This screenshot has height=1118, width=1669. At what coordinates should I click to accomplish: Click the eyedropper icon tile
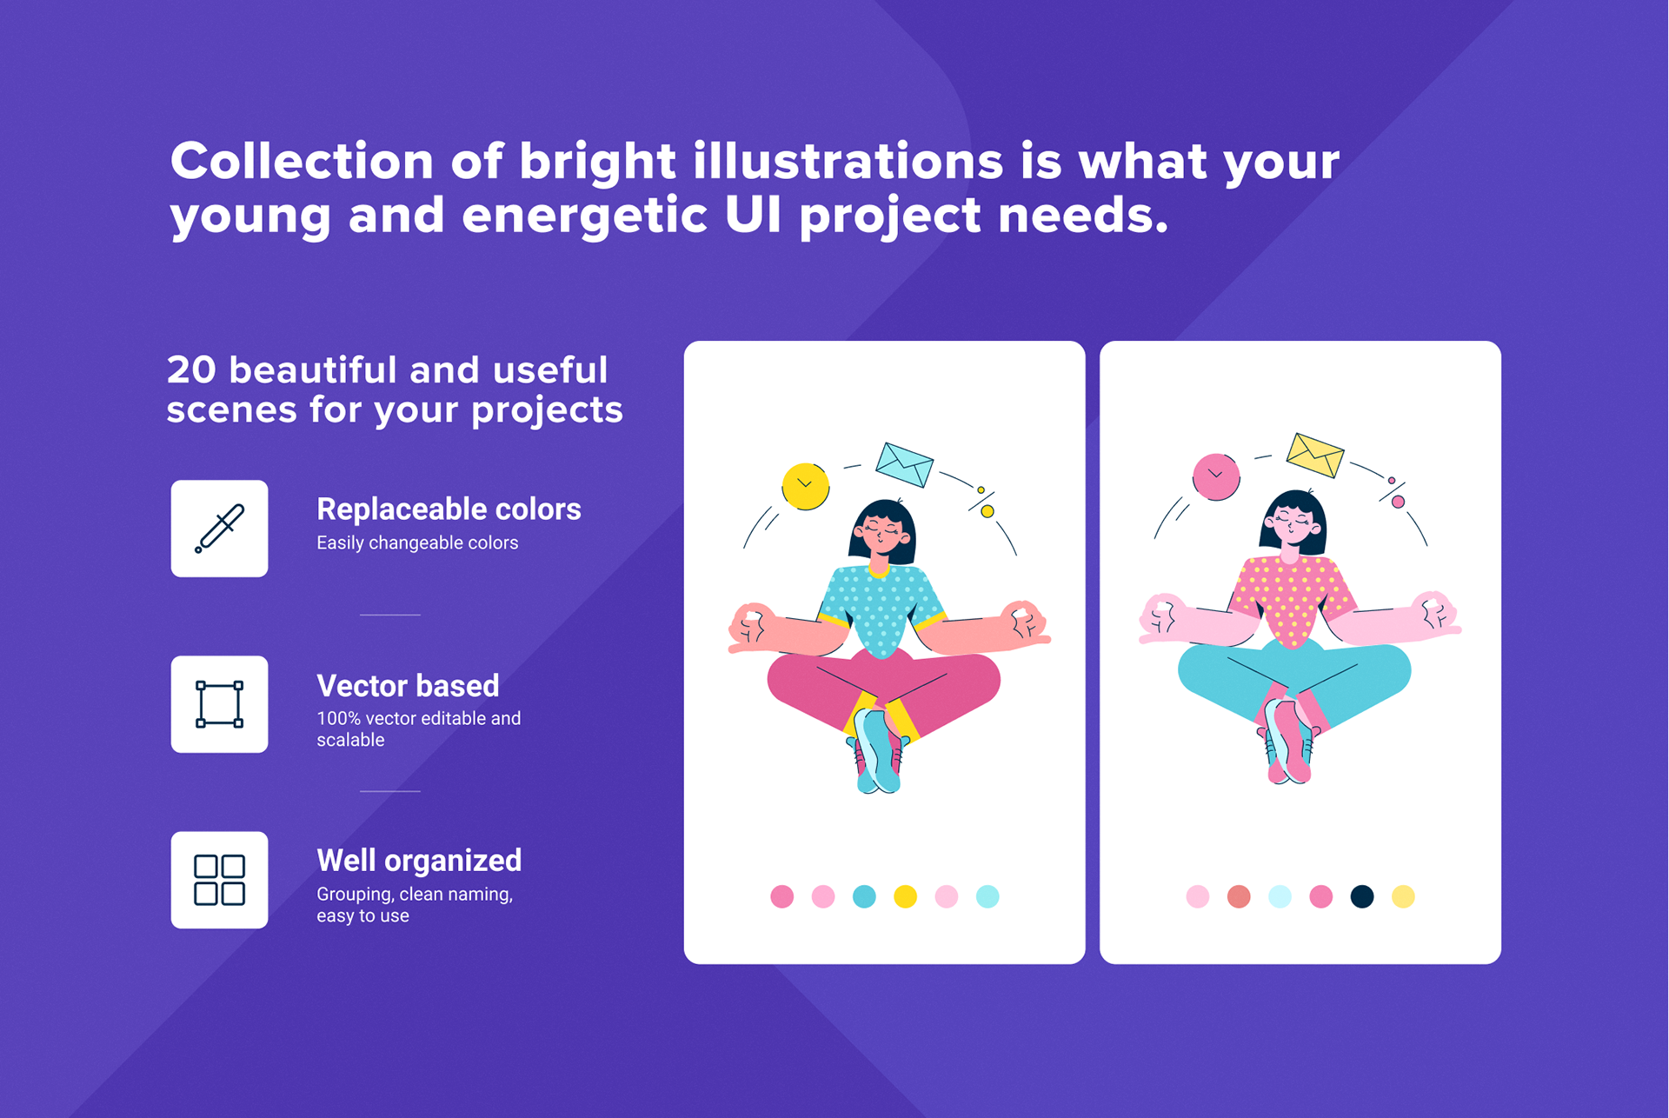(219, 528)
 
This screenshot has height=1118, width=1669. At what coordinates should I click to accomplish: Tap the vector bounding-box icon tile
(219, 704)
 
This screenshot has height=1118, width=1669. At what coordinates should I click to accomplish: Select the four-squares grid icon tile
(219, 880)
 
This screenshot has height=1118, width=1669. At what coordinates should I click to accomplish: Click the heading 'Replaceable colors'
(449, 509)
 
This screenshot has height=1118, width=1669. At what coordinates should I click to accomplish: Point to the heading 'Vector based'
(408, 686)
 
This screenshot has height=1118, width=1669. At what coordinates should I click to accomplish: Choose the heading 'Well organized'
(419, 861)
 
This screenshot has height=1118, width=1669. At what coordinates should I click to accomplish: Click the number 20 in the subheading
(191, 369)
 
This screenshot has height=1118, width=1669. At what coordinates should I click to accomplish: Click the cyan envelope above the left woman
(904, 464)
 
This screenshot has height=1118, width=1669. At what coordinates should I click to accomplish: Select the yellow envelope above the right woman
(1315, 455)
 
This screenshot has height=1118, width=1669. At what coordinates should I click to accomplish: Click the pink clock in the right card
(1216, 476)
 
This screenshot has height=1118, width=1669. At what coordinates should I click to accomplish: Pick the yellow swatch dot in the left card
(905, 896)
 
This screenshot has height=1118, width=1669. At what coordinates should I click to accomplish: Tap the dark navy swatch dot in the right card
(1362, 896)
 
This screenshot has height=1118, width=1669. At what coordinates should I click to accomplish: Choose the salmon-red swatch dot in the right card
(1239, 896)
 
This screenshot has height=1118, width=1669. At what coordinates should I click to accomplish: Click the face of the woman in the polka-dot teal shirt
(881, 532)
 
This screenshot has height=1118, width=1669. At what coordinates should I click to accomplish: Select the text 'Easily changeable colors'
(417, 543)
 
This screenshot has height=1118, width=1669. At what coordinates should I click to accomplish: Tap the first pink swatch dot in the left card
(781, 896)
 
